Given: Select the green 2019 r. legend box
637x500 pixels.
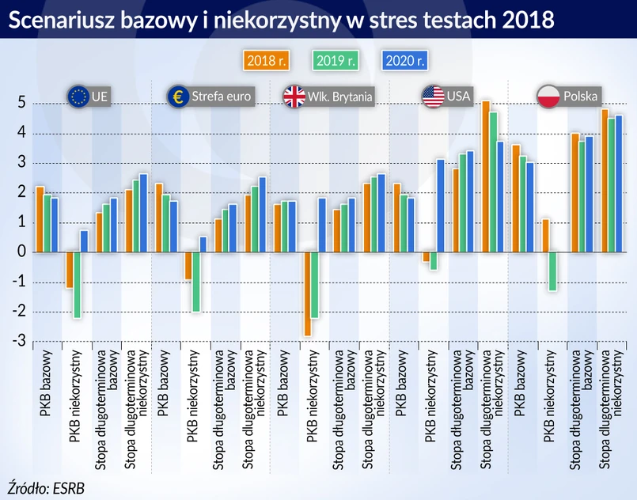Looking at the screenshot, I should tap(335, 61).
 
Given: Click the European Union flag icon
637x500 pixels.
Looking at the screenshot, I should tap(78, 97).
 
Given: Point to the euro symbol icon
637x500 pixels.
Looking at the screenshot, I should tap(177, 97).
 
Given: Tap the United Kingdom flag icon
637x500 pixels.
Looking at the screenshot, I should tap(294, 97).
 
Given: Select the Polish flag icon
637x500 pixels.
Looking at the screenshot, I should tap(549, 97).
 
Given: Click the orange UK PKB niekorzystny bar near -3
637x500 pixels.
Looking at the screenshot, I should tap(306, 294).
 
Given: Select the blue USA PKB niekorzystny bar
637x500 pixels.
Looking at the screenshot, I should tap(441, 206).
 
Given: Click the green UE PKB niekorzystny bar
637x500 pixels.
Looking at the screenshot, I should tap(78, 285).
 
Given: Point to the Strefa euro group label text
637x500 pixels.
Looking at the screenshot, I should tap(221, 97).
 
